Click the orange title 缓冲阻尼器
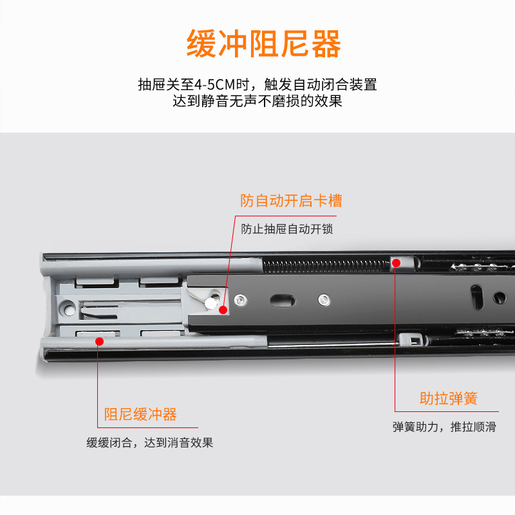(264, 44)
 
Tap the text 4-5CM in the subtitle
(215, 85)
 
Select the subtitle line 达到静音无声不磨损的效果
(257, 101)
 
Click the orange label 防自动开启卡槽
(291, 201)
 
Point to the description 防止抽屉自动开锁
(286, 229)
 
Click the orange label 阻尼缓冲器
(140, 415)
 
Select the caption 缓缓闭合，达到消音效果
(150, 443)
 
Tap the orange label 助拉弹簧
(448, 398)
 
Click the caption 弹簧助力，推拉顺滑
(444, 427)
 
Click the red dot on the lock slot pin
(223, 310)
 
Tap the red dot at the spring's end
(397, 263)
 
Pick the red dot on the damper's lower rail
(100, 342)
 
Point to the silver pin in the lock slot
(212, 302)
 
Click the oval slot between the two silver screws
(282, 300)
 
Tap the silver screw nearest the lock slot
(240, 300)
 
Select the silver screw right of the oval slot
(324, 300)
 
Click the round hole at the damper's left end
(69, 310)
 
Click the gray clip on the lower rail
(411, 339)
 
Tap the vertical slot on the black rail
(477, 297)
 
